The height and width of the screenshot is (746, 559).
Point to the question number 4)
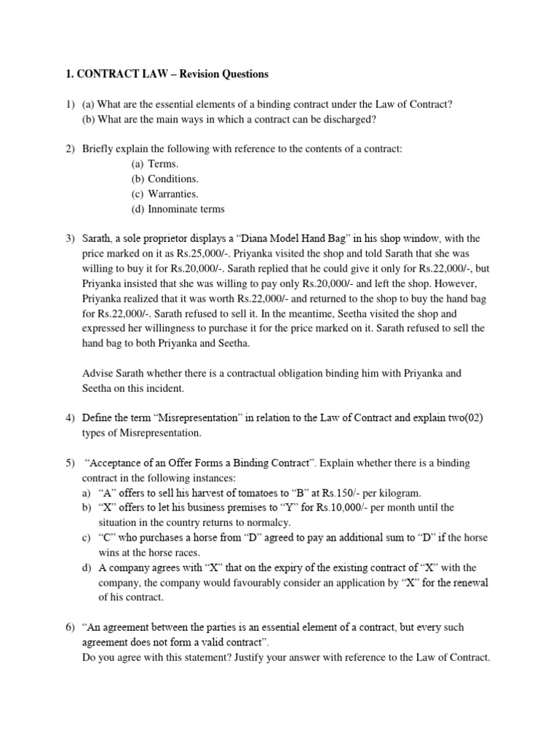(x=71, y=418)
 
